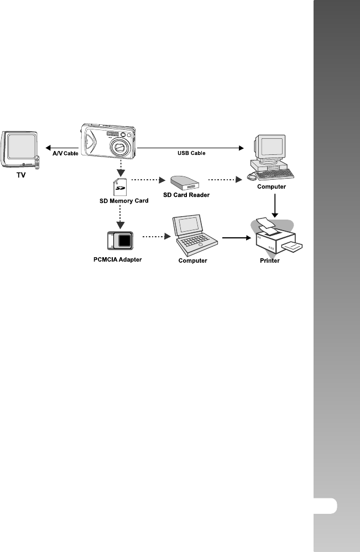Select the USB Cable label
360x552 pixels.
click(191, 153)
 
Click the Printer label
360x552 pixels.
click(270, 261)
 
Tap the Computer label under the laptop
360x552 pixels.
click(192, 261)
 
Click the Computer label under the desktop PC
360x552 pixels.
click(272, 186)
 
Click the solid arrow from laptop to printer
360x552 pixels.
click(234, 238)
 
